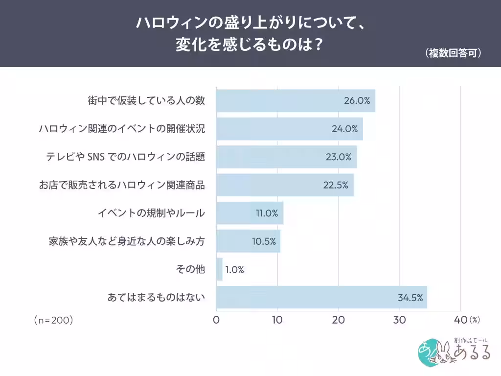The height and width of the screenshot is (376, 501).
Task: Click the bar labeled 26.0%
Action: pyautogui.click(x=296, y=101)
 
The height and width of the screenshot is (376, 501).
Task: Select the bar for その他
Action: pyautogui.click(x=219, y=269)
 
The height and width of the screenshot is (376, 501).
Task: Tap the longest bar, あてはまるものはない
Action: pyautogui.click(x=322, y=297)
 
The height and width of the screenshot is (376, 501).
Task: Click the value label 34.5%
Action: pyautogui.click(x=410, y=298)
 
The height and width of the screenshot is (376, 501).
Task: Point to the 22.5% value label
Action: pyautogui.click(x=336, y=185)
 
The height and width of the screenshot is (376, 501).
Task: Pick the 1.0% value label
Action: pyautogui.click(x=234, y=270)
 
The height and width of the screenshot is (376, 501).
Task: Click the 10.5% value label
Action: pyautogui.click(x=264, y=241)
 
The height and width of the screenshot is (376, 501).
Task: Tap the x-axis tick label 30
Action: pyautogui.click(x=399, y=320)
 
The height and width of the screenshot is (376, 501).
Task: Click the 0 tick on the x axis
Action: pyautogui.click(x=216, y=320)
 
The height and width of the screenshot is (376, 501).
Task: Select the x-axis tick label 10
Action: pyautogui.click(x=277, y=320)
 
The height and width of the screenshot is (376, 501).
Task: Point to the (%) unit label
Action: pyautogui.click(x=475, y=320)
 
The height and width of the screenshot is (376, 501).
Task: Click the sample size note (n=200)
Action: pyautogui.click(x=54, y=320)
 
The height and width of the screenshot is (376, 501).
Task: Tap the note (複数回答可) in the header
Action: pyautogui.click(x=453, y=53)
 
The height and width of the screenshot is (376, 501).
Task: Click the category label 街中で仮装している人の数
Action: pyautogui.click(x=146, y=101)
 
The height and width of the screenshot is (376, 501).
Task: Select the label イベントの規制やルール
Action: pyautogui.click(x=152, y=213)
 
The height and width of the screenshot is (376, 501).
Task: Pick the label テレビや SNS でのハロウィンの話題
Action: pyautogui.click(x=126, y=157)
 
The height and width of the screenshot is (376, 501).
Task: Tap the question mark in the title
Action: pyautogui.click(x=318, y=45)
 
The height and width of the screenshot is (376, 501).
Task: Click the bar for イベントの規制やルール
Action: pyautogui.click(x=250, y=213)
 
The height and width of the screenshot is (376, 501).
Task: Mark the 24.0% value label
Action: pyautogui.click(x=344, y=129)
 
